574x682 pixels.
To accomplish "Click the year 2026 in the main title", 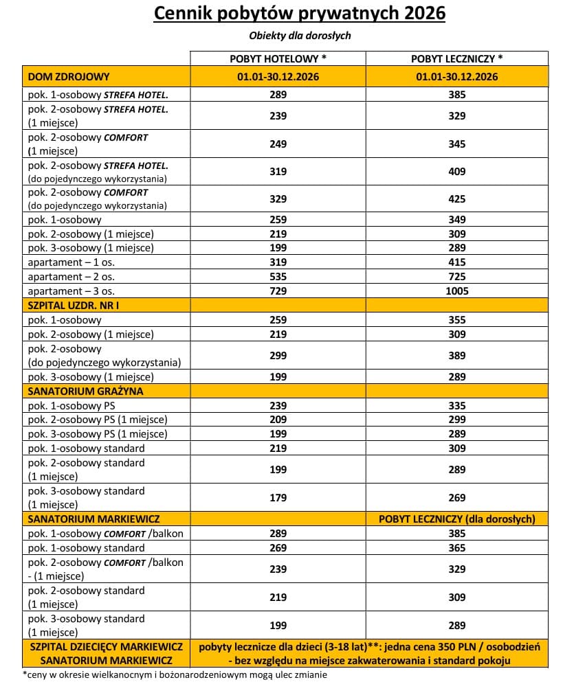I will [x=419, y=14].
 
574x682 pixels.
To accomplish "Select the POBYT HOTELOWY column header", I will [x=278, y=59].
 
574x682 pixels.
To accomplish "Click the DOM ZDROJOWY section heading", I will [x=69, y=76].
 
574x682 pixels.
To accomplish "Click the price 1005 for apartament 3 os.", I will [x=457, y=291].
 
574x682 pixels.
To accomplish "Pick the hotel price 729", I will [x=278, y=291].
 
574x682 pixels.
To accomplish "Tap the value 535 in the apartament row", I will [x=278, y=276].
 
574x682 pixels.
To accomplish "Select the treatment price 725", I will [x=457, y=276].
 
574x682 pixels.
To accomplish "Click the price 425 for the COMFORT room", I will [x=457, y=198].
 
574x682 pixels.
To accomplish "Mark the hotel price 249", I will [x=278, y=144].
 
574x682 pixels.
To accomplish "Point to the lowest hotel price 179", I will [x=278, y=497].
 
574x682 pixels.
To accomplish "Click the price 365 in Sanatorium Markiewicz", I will [x=457, y=547].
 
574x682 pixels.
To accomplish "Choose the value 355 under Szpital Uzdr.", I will [x=457, y=319].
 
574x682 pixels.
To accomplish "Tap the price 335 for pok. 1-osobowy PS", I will [x=457, y=405].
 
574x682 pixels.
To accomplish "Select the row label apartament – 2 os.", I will [x=70, y=276].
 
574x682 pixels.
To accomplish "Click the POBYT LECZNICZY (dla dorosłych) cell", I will [x=457, y=519].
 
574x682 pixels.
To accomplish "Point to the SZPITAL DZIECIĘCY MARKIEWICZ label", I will [x=106, y=647].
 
